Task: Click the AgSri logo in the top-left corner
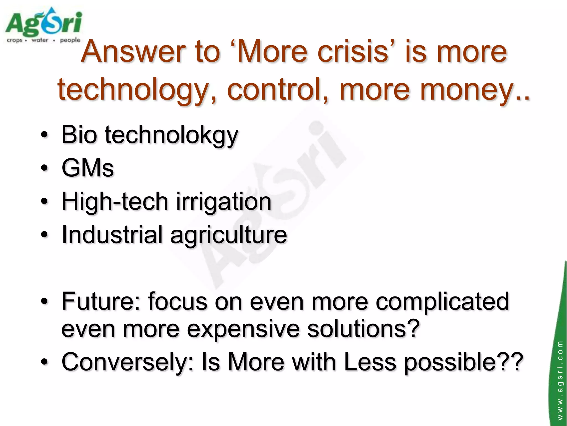(x=43, y=25)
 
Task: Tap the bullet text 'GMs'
(x=87, y=168)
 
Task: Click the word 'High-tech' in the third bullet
(x=115, y=201)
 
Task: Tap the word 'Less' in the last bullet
(x=370, y=362)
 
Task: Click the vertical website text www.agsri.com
(x=560, y=380)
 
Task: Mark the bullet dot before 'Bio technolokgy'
(x=44, y=135)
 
